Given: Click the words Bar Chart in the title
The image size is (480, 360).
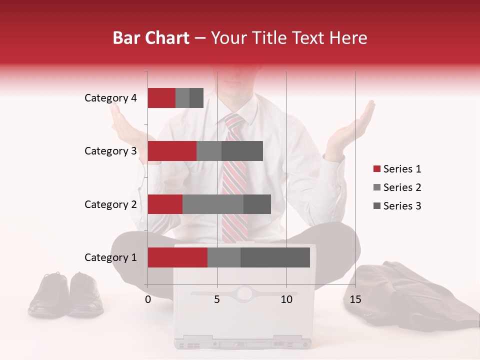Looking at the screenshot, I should [x=151, y=38].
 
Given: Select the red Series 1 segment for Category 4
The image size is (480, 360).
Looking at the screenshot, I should [x=161, y=98].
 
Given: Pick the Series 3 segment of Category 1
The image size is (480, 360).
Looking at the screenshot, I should [x=275, y=257].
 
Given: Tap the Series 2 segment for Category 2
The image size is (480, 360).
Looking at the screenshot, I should [x=213, y=204].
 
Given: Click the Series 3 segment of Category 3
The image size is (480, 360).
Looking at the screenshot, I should [x=242, y=151].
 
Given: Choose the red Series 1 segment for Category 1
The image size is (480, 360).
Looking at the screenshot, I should [x=177, y=257].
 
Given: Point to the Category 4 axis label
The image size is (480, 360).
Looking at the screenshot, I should [x=110, y=98].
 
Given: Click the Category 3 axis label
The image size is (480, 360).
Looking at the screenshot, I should [x=110, y=151].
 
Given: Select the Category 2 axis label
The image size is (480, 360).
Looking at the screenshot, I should [x=110, y=204].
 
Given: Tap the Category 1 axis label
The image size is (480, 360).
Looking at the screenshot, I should [x=110, y=257].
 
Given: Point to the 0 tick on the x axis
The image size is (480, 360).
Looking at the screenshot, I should [x=148, y=299].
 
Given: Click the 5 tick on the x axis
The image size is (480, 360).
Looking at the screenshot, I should [x=217, y=299].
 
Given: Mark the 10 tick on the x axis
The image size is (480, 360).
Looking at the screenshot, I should [x=286, y=299].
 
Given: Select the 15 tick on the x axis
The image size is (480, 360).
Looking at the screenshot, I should [x=355, y=299].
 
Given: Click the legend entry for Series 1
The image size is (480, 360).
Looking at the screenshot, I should [x=397, y=169].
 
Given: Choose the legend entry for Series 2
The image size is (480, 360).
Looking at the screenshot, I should [x=397, y=187].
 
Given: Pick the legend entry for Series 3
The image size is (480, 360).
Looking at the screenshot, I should [x=397, y=206].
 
